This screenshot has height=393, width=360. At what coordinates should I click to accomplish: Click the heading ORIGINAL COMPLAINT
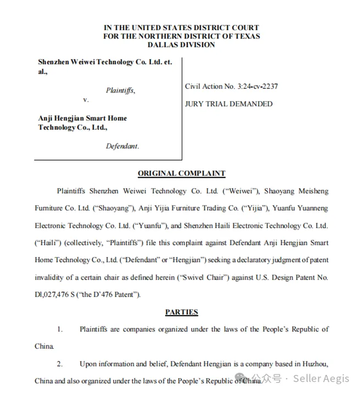tap(181, 173)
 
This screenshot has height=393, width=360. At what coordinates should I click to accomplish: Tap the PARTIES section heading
tap(181, 312)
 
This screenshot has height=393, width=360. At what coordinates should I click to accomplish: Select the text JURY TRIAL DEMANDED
tap(228, 104)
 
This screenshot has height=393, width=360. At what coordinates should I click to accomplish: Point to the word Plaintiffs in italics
tap(120, 90)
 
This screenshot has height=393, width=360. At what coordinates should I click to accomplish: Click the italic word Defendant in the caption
tap(122, 146)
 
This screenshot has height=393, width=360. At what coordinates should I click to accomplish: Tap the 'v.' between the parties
tap(86, 100)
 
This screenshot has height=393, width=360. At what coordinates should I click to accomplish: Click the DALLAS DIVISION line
tap(181, 44)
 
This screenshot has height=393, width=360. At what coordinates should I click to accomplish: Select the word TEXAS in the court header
tap(246, 36)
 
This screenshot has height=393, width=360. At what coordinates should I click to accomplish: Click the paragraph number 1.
tap(60, 329)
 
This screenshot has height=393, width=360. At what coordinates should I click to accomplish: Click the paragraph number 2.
tap(60, 363)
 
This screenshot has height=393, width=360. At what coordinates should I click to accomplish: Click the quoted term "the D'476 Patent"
tap(111, 294)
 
